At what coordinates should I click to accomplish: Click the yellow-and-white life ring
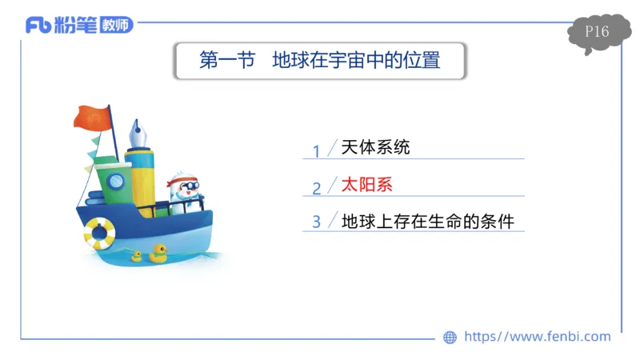(99, 233)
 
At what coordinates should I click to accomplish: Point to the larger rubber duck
(157, 254)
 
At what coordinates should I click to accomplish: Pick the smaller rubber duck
(137, 256)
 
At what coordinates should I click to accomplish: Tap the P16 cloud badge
(596, 33)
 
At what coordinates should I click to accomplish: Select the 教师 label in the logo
(116, 26)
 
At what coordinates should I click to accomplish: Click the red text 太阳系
(367, 186)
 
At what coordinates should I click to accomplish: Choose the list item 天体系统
(375, 148)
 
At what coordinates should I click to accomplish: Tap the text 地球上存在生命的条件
(427, 221)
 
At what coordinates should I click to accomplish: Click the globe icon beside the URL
(450, 338)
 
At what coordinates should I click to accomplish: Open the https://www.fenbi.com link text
(537, 337)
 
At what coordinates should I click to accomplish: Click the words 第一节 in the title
(226, 61)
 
